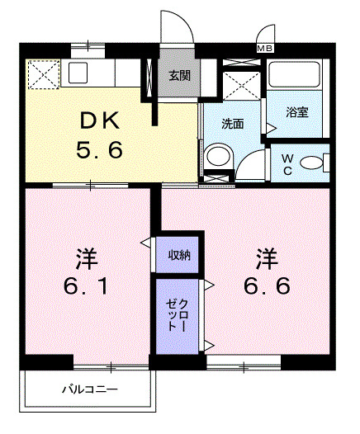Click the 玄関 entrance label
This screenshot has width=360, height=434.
point(178,77)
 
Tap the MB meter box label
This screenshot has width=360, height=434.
point(265,49)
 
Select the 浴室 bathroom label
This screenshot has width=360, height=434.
point(297,112)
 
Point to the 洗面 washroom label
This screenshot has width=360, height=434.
point(232,124)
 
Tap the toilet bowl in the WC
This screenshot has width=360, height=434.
point(313,162)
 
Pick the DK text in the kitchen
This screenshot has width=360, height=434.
point(100,121)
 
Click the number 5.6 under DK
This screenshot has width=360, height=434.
point(100,151)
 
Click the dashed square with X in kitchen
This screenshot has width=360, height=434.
point(42,76)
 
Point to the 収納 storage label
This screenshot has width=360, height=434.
point(180,255)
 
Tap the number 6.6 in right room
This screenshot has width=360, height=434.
point(266,286)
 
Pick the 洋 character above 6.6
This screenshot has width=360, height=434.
point(265,257)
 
